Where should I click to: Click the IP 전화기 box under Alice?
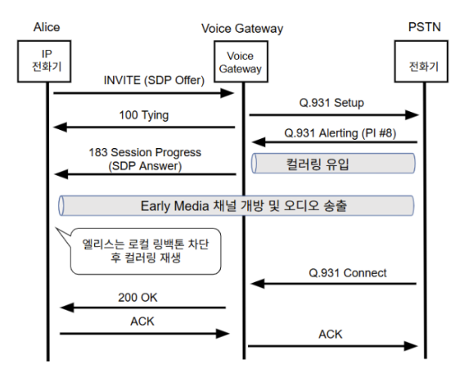coord(44,61)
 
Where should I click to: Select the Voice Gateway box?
coord(241,61)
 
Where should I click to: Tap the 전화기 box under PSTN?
coord(422,61)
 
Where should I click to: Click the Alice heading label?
coord(47,27)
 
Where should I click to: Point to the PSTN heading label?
coord(425,27)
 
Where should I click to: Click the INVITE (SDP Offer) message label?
coord(154,80)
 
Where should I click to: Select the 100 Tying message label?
coord(144,115)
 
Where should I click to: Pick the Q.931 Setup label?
coord(331,103)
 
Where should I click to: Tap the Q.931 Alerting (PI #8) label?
coord(340,133)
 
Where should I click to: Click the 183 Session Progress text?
coord(145,152)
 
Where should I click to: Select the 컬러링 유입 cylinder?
coord(333,163)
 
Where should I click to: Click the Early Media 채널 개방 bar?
coord(237,205)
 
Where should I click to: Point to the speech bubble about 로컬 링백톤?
coord(146,251)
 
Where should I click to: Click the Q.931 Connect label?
coord(348,273)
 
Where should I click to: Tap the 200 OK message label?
coord(138,298)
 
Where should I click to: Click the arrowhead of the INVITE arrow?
coord(228,93)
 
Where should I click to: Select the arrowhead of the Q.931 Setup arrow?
coord(412,114)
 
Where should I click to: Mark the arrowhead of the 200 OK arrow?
coord(67,307)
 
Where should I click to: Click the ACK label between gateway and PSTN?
coord(330,334)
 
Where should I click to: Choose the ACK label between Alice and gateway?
coord(142,321)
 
